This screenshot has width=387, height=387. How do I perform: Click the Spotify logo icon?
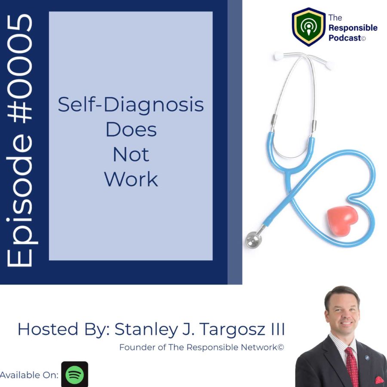click(74, 374)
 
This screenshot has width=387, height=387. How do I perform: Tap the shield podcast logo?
click(308, 27)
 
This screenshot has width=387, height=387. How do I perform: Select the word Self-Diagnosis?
click(131, 105)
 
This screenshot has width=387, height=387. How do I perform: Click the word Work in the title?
click(131, 179)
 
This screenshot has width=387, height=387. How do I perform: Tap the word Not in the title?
click(131, 154)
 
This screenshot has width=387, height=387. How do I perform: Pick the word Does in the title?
click(131, 129)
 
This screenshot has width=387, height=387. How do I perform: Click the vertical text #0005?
click(20, 68)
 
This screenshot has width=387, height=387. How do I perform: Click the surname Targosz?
click(233, 330)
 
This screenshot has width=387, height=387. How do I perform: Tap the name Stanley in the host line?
click(146, 330)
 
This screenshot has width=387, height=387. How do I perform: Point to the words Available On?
click(29, 375)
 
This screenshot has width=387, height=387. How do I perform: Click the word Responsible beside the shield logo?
click(353, 28)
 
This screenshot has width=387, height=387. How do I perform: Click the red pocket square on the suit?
click(380, 380)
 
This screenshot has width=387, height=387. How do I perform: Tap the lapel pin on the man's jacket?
click(367, 358)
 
